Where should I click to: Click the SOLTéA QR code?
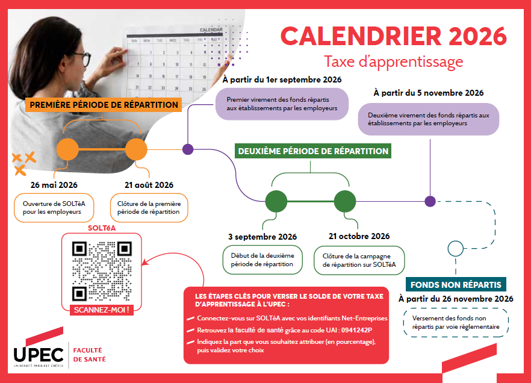(101, 272)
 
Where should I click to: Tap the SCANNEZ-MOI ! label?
(101, 310)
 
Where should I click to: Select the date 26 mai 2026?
(54, 185)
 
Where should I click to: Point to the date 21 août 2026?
(149, 185)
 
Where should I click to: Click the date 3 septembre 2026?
(262, 237)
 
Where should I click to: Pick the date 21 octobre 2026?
(359, 236)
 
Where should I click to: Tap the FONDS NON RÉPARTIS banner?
(455, 285)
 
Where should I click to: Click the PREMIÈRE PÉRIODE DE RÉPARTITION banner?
(104, 105)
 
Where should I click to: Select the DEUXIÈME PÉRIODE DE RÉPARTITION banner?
(313, 151)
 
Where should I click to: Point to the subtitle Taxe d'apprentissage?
(393, 61)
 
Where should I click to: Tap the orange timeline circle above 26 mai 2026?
(67, 149)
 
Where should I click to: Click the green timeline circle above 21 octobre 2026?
(345, 201)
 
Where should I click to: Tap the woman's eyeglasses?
(82, 60)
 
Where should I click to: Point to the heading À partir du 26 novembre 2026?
(456, 299)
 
